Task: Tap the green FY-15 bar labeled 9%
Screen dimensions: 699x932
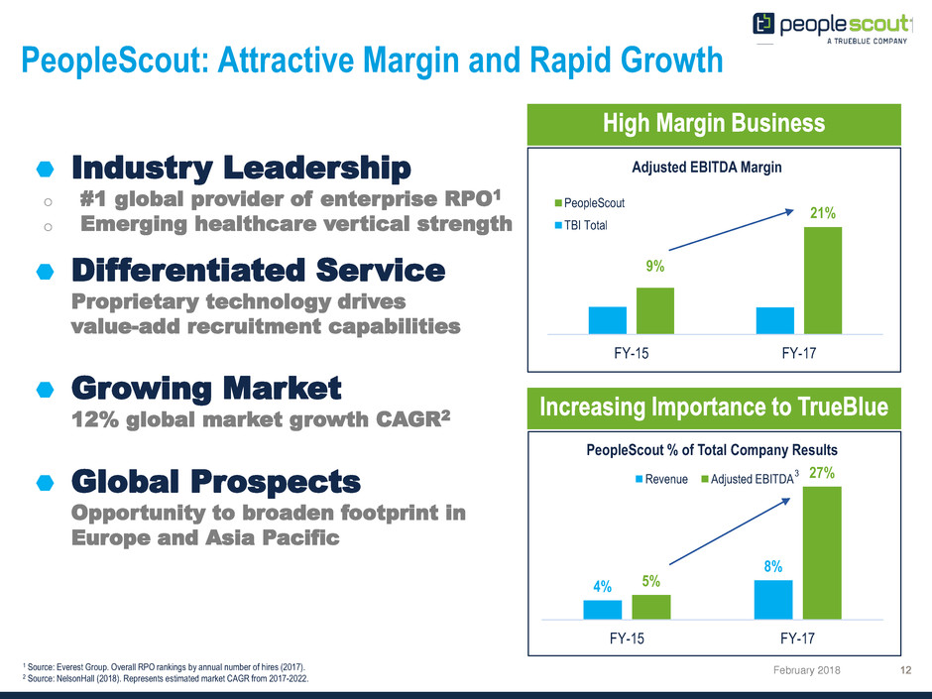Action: tap(654, 310)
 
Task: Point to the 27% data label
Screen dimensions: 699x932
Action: tap(821, 474)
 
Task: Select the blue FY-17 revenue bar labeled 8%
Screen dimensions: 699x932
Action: tap(773, 598)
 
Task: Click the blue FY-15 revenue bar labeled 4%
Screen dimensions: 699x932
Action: tap(602, 608)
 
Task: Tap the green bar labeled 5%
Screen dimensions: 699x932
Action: tap(650, 605)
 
